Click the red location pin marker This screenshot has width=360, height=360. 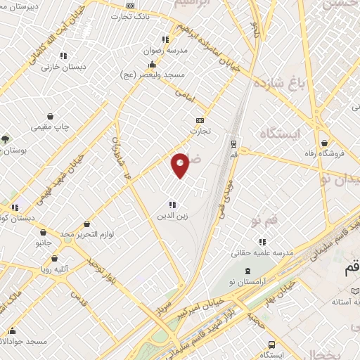[181, 165]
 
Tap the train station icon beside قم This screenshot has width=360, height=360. [233, 143]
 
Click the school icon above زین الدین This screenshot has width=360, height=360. [172, 205]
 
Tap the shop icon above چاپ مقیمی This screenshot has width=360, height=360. [50, 116]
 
